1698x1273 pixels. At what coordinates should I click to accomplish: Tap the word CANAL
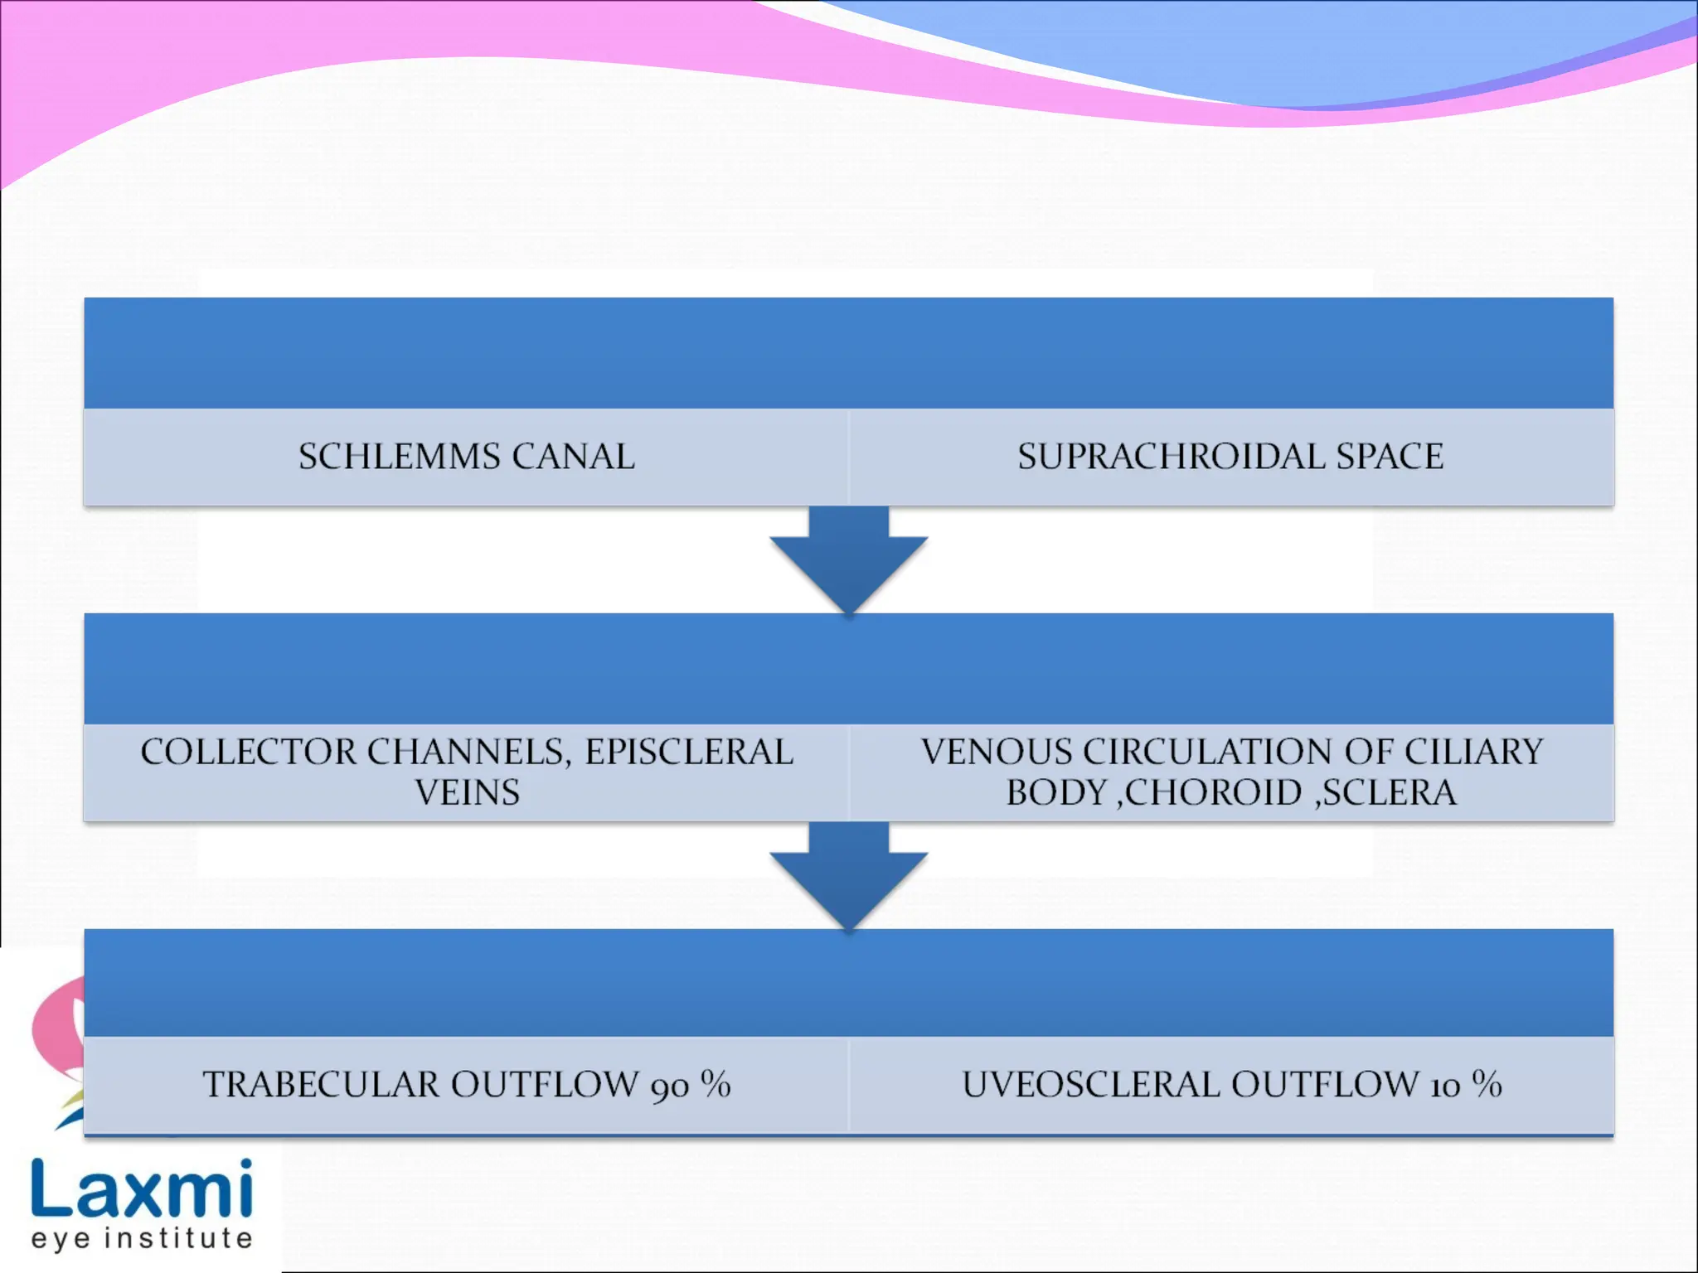tap(574, 457)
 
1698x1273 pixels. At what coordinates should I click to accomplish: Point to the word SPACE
tap(1390, 457)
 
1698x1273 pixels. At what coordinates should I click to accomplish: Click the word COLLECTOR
tap(248, 752)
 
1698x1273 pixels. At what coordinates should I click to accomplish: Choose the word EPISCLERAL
tap(690, 752)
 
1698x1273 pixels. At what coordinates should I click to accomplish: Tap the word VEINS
tap(467, 793)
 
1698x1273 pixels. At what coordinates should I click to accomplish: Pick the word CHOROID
tap(1213, 793)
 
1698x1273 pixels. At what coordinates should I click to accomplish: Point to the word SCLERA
tap(1389, 793)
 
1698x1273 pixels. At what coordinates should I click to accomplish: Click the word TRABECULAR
tap(322, 1085)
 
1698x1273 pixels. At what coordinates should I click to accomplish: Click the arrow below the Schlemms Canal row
tap(848, 557)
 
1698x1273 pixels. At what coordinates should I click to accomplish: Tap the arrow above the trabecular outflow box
tap(848, 874)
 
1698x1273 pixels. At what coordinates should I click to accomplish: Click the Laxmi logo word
tap(142, 1189)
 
